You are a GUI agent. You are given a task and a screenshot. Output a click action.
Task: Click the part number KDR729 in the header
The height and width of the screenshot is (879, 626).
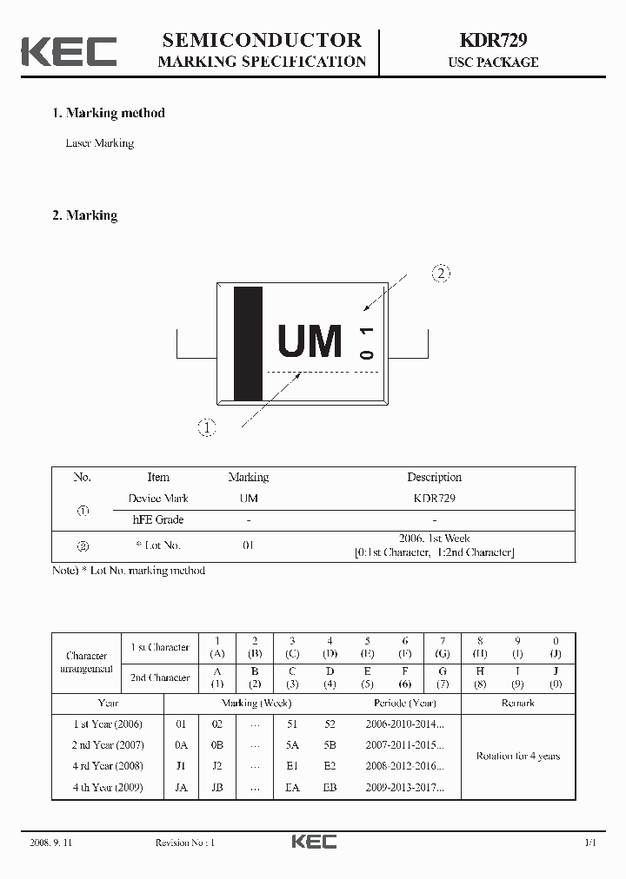coord(492,40)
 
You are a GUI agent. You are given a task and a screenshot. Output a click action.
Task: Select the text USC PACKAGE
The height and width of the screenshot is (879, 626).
coord(493,63)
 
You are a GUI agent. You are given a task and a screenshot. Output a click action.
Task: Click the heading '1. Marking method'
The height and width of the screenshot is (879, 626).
coord(109,113)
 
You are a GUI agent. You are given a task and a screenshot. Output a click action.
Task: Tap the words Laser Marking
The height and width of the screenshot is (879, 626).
coord(100,143)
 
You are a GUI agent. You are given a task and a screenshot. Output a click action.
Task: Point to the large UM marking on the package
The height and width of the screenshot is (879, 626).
coord(310,341)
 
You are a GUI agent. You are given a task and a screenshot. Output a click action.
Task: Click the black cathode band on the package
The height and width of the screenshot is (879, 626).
coord(248,342)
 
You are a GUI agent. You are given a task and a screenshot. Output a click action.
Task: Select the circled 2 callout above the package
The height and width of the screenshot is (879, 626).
coord(441,274)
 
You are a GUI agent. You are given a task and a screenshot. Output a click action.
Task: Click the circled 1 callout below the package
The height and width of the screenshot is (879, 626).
coord(207,426)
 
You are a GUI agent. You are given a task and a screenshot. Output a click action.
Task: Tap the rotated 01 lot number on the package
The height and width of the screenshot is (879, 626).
coord(366,342)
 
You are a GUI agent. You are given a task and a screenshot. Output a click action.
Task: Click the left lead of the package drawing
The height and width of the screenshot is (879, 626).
coord(196,345)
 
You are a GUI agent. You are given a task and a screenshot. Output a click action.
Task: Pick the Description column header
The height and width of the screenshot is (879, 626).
coord(434,477)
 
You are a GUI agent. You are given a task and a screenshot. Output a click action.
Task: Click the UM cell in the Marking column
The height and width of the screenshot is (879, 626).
coord(249,499)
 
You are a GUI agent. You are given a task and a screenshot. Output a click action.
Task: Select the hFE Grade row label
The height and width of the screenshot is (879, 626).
coord(158,519)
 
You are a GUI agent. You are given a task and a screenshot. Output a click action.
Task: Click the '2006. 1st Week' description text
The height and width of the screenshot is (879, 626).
coord(434,539)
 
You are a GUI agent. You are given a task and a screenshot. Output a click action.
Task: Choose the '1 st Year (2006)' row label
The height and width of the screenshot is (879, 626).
coord(108,724)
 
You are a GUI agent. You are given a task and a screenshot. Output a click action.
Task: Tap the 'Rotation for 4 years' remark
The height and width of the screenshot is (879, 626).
coord(517,756)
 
